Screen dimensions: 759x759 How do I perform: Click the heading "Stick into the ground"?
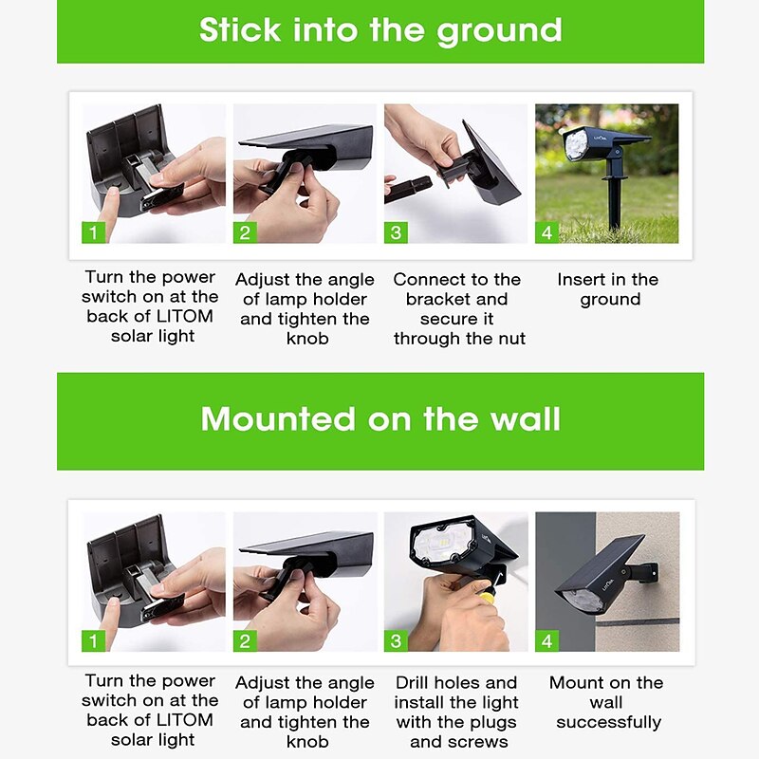click(380, 30)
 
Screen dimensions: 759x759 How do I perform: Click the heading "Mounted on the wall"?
click(380, 418)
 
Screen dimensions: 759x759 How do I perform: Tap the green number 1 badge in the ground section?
click(93, 232)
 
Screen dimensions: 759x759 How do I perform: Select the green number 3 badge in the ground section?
click(396, 232)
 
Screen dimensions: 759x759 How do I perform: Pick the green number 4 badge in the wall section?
click(547, 641)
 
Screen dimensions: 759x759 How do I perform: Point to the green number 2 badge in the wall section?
click(245, 641)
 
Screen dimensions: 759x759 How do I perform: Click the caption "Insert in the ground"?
click(608, 289)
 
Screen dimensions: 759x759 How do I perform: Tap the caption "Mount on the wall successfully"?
click(607, 702)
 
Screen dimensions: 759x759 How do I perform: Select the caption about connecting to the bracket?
click(458, 309)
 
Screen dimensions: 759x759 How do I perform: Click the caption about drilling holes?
click(456, 713)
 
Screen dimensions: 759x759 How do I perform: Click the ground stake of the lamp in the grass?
click(614, 203)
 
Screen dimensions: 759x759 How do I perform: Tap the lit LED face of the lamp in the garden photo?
click(576, 144)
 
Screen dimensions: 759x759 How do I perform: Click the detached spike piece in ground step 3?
click(408, 188)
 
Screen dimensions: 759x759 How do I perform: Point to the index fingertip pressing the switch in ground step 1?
click(111, 193)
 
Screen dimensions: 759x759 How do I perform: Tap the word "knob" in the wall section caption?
click(307, 742)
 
